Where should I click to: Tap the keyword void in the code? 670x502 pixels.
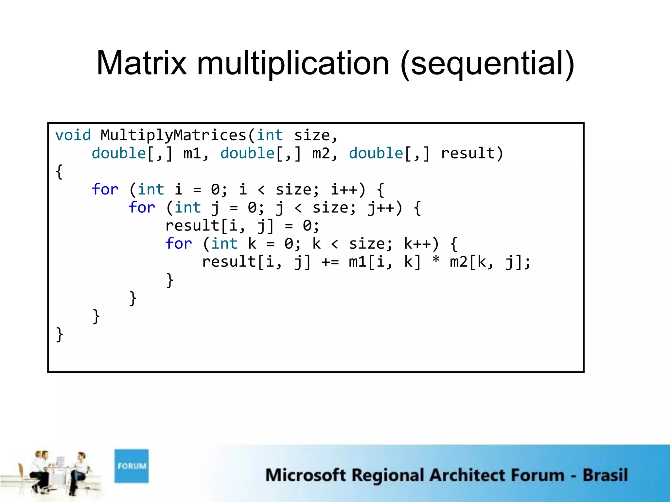(73, 135)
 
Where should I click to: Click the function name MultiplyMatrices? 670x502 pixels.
(173, 135)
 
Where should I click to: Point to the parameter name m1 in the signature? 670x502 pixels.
(192, 153)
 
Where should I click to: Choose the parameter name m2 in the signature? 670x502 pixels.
(321, 153)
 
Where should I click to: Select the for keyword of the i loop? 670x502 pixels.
(105, 190)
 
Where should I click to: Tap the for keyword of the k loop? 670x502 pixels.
(178, 244)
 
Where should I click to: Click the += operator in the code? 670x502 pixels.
(330, 262)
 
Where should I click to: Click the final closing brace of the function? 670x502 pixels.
(60, 334)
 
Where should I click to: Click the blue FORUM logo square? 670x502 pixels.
(132, 466)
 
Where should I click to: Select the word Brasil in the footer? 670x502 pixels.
(605, 475)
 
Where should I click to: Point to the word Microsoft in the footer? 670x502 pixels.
(305, 475)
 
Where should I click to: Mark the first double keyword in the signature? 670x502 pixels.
(119, 153)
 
